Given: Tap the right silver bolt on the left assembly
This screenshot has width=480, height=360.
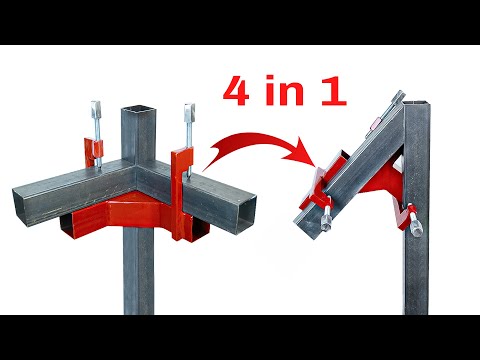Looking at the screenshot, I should (x=187, y=123).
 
